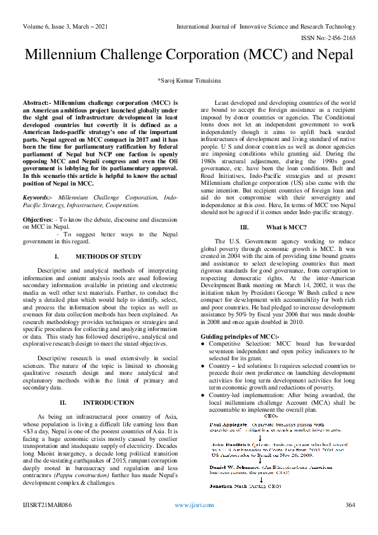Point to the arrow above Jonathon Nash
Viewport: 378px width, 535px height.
[231, 477]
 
